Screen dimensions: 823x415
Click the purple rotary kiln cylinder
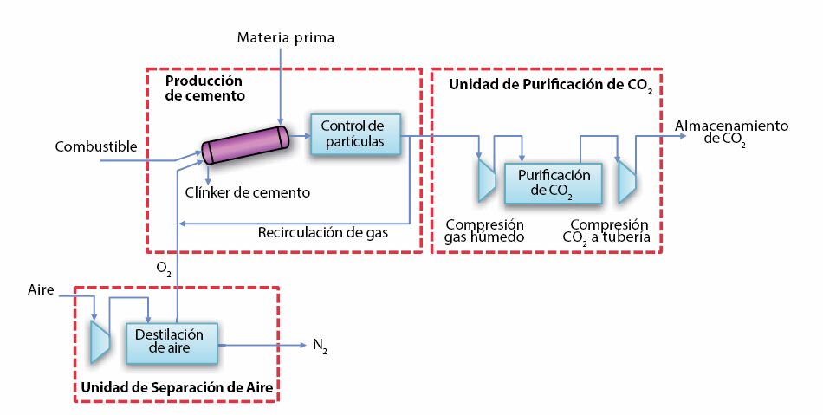[x=246, y=145]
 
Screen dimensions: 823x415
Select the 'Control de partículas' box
[x=355, y=134]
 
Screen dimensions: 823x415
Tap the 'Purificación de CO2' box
[x=553, y=183]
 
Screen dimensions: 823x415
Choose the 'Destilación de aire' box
[x=172, y=343]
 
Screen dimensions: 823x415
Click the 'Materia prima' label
[x=286, y=38]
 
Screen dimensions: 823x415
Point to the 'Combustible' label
[x=96, y=146]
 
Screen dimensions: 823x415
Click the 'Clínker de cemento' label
[x=247, y=192]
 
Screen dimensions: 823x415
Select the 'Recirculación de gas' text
[x=323, y=232]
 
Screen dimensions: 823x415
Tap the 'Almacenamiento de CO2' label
[x=731, y=133]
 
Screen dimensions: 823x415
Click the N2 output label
[x=321, y=346]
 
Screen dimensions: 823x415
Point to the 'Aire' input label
[x=41, y=289]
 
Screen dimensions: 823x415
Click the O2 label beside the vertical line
[x=164, y=269]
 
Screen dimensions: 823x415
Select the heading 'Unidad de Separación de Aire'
[x=177, y=388]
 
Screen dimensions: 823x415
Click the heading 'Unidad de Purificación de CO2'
[x=551, y=86]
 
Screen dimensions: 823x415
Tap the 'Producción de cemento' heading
[x=204, y=88]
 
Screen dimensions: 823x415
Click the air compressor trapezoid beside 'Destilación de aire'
[x=100, y=341]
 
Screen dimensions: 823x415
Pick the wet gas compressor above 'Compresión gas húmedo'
[x=487, y=180]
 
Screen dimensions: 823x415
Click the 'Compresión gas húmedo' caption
[x=484, y=230]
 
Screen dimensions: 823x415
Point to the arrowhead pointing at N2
[x=302, y=345]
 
